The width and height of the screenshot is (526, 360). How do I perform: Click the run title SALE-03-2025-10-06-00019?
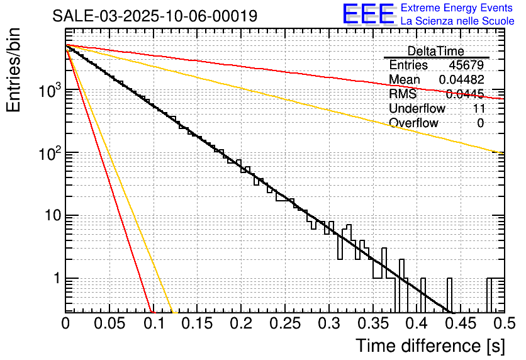[155, 16]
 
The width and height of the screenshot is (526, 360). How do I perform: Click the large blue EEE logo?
[368, 15]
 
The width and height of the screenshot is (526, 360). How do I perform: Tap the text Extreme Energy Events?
[457, 8]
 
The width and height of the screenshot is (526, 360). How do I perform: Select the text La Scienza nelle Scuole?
[457, 21]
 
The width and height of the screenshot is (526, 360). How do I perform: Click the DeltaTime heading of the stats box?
[436, 51]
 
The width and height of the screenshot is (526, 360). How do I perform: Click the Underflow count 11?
[478, 109]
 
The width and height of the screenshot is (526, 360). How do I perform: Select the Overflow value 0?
[480, 123]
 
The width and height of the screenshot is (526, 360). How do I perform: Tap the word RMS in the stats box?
[403, 94]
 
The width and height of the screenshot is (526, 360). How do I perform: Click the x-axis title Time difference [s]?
[430, 346]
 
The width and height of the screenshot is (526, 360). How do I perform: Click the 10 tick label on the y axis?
[50, 216]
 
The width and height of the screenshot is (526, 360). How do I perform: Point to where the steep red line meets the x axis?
[152, 312]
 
